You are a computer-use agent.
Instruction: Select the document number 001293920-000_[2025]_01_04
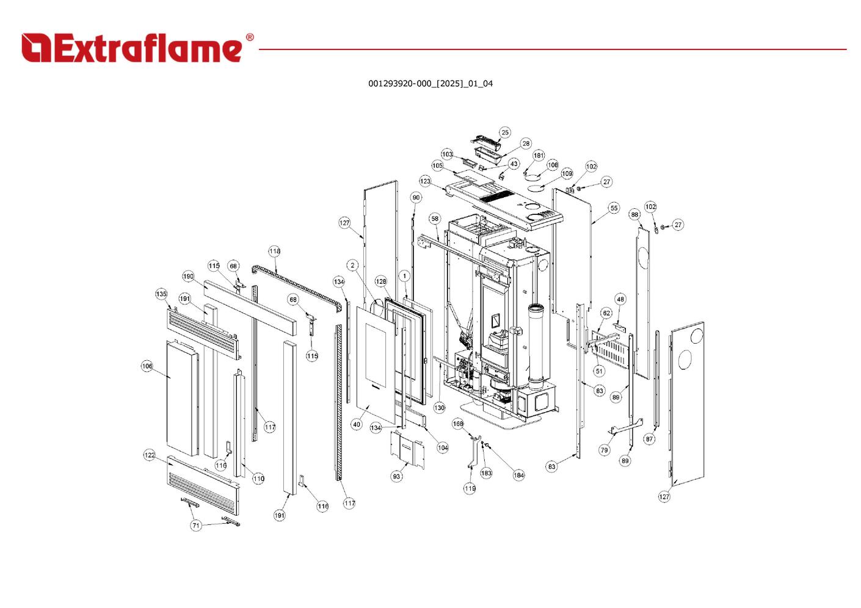pos(430,84)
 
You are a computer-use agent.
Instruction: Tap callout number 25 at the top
pos(504,132)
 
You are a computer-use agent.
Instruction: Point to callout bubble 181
pos(539,156)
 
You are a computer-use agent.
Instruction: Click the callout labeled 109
pos(567,174)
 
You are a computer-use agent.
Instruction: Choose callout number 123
pos(425,181)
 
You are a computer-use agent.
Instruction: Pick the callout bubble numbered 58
pos(435,219)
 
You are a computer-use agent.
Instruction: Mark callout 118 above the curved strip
pos(275,252)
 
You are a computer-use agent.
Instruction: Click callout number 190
pos(188,277)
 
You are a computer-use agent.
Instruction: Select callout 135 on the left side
pos(161,294)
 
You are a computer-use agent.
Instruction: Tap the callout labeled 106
pos(147,366)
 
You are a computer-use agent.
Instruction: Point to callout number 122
pos(150,455)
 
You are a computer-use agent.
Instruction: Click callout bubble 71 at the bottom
pos(195,525)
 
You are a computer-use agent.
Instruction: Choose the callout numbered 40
pos(357,424)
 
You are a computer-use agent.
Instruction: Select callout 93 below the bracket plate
pos(397,476)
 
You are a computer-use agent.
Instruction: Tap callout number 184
pos(518,475)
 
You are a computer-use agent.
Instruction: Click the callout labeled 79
pos(604,450)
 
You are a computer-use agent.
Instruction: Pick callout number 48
pos(620,299)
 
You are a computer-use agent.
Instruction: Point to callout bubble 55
pos(614,208)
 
